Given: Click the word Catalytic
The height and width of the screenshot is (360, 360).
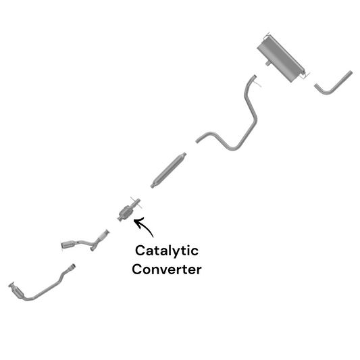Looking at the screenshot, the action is click(x=167, y=251).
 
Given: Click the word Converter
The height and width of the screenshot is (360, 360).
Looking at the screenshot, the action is click(x=167, y=269).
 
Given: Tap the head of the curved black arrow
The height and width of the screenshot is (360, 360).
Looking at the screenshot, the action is click(x=136, y=222).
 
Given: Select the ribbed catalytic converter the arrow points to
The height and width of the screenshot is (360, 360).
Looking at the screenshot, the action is click(x=126, y=213).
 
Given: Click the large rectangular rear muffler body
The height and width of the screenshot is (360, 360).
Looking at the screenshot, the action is click(x=280, y=58).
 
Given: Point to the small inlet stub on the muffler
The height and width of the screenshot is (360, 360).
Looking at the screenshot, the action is click(x=267, y=63).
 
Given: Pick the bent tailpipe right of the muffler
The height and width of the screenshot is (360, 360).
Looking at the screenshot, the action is click(x=334, y=83).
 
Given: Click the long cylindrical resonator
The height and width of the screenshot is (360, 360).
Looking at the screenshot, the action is click(x=168, y=170).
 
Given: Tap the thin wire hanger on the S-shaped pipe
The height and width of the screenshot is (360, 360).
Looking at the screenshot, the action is click(x=258, y=83).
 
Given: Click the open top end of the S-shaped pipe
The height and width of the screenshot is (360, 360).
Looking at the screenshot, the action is click(x=255, y=76).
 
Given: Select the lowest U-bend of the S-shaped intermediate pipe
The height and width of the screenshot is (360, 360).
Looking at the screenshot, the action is click(x=232, y=148).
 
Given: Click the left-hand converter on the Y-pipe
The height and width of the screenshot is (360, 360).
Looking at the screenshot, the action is click(x=68, y=245).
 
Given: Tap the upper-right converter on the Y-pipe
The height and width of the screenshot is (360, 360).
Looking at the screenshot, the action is click(x=103, y=235).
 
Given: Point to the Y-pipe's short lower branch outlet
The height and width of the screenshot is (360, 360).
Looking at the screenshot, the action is click(x=92, y=249).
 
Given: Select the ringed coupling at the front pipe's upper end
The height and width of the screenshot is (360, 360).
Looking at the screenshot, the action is click(x=72, y=267).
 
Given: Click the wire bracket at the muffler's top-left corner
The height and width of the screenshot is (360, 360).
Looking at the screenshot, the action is click(x=267, y=35).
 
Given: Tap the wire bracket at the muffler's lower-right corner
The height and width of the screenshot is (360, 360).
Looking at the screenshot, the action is click(x=305, y=74).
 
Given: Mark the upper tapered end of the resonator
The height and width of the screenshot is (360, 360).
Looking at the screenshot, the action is click(x=184, y=155).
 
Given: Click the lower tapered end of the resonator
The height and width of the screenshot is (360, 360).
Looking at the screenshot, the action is click(x=153, y=185).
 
